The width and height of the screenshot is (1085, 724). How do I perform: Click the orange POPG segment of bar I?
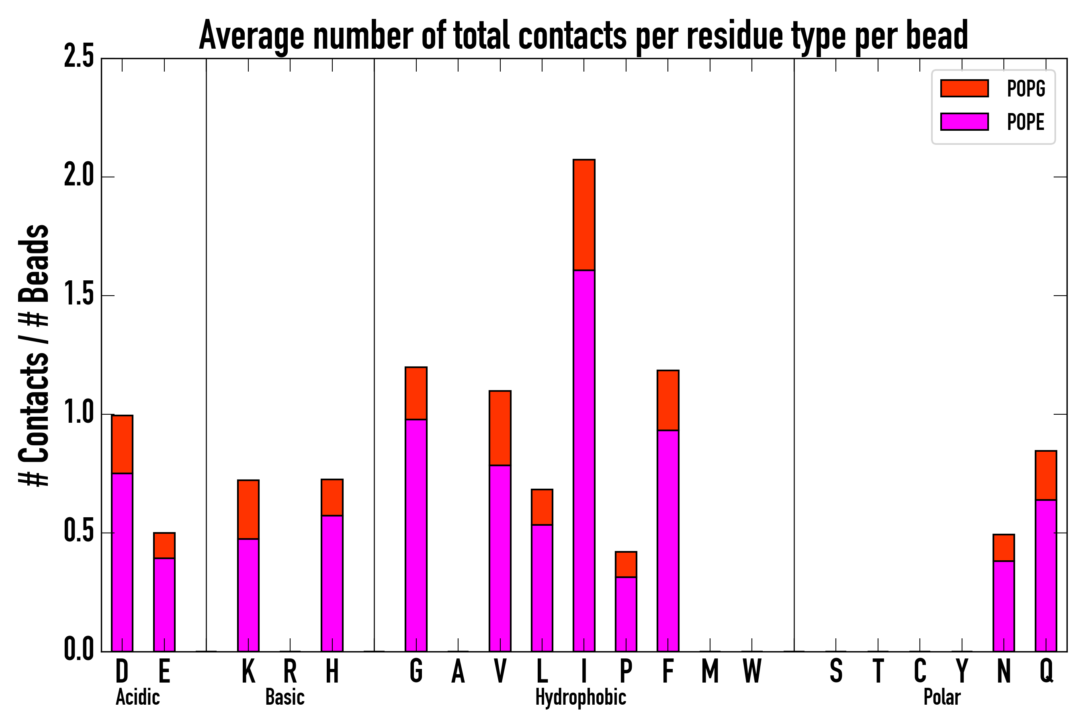tap(583, 215)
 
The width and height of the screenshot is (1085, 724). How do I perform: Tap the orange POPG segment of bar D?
tap(122, 444)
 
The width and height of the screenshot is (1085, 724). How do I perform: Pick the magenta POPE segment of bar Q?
tap(1046, 575)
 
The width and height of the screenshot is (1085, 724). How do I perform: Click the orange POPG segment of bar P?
tap(626, 564)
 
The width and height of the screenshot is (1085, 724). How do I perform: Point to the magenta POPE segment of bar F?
tap(667, 540)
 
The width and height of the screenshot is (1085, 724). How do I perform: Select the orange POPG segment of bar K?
tap(248, 509)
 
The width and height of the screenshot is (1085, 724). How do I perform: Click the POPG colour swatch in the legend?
tap(964, 88)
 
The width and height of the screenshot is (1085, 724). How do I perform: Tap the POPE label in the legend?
tap(1026, 122)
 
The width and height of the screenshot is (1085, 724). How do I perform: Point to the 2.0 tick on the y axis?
tap(79, 177)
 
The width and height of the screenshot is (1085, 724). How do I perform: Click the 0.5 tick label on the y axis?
tap(79, 533)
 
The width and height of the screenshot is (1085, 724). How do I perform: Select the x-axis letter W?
tap(752, 671)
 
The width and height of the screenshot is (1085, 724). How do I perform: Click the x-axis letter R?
tap(290, 671)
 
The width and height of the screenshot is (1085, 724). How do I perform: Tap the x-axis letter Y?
tap(962, 671)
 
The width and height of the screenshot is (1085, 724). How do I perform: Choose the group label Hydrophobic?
tap(580, 697)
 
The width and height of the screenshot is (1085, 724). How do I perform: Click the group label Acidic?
tap(137, 697)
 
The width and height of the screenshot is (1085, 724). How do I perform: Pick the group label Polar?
tap(942, 697)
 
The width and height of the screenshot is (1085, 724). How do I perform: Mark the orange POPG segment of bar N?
tap(1004, 547)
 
